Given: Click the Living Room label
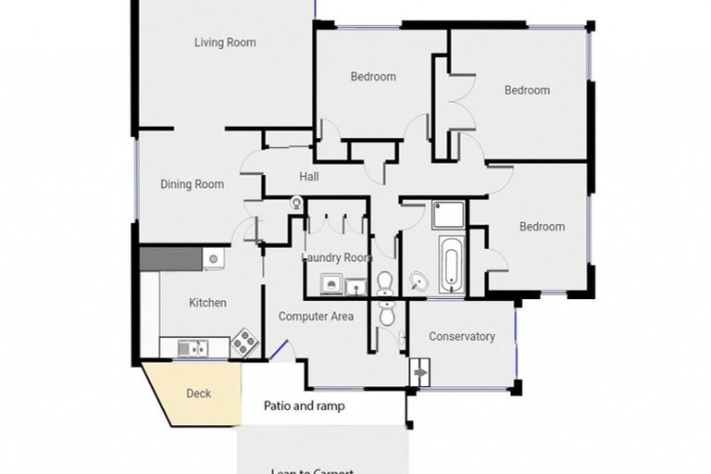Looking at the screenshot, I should tap(225, 43).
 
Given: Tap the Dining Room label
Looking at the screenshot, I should tap(192, 184).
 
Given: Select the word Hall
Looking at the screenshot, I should tap(309, 177).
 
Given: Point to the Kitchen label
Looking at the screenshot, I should tap(207, 303).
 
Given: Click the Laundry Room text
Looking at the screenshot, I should tap(337, 258).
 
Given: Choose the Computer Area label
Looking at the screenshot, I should tap(317, 317).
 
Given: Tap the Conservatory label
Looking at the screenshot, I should tap(461, 337).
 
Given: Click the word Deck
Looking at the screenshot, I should tap(198, 393).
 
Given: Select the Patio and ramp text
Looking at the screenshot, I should tap(305, 405).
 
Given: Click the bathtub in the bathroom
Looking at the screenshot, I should tap(450, 265).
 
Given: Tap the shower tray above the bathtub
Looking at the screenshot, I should tap(448, 215).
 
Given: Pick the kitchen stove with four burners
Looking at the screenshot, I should tap(243, 343).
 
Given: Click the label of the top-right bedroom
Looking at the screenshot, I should tap(527, 91).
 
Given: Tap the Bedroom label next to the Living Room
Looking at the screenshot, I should tap(373, 77).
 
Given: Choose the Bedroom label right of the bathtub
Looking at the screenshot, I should tap(542, 227).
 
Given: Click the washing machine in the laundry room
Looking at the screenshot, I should tap(331, 286).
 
